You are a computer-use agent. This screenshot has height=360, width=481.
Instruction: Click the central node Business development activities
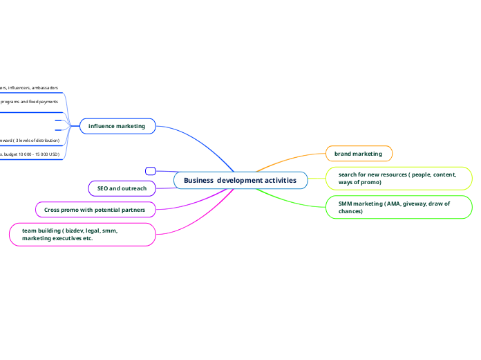[x=240, y=181]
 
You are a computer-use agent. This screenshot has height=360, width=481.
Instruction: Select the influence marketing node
[x=117, y=126]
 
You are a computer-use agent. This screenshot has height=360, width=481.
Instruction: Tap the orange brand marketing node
[x=358, y=153]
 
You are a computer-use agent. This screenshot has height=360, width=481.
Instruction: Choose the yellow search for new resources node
[x=397, y=178]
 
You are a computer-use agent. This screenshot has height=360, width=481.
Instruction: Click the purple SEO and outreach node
[x=122, y=188]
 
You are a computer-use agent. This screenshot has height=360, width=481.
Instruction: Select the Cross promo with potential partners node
[x=95, y=209]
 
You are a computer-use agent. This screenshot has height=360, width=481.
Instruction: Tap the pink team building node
[x=82, y=234]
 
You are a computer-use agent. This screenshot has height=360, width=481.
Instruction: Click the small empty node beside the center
[x=151, y=170]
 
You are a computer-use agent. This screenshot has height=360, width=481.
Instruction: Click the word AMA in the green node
[x=388, y=204]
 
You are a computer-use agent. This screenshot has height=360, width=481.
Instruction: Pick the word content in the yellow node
[x=442, y=174]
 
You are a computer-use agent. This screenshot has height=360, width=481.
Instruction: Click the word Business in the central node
[x=199, y=181]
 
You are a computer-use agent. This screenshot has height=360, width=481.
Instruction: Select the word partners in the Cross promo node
[x=131, y=209]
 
